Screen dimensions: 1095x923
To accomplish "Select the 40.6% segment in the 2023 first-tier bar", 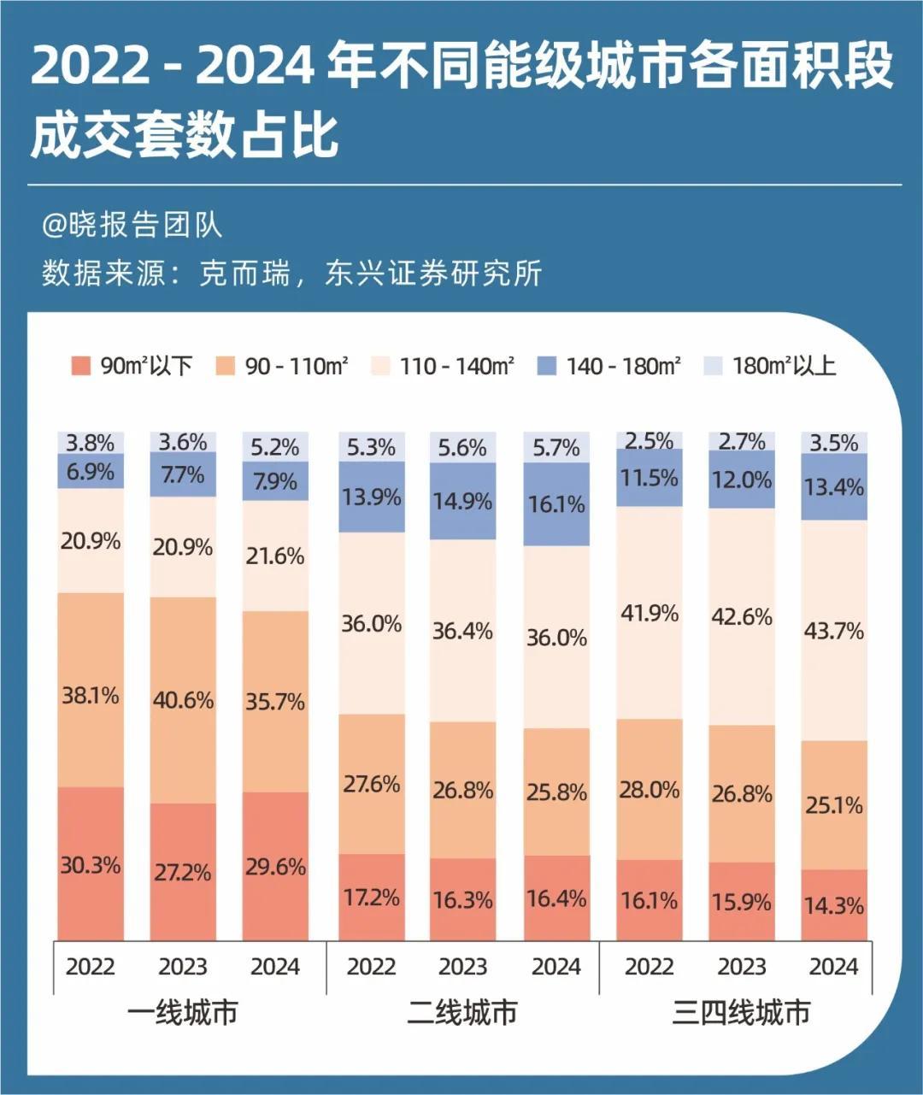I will pos(183,699).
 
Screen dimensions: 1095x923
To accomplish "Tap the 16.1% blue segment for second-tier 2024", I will pos(556,504).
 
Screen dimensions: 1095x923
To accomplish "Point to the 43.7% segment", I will pos(834,631).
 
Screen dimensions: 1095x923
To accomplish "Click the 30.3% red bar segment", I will pos(90,864).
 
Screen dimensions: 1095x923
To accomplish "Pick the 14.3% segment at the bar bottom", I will pos(834,905).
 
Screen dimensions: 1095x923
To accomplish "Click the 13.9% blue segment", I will pos(371,497).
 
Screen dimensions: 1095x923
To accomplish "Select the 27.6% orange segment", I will pos(371,783).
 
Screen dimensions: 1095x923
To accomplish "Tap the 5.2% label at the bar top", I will pos(275,446).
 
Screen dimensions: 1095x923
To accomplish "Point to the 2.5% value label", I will pos(650,440).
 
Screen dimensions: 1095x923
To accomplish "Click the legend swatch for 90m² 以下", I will pos(81,367).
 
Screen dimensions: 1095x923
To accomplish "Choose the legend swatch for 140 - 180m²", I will pos(547,367).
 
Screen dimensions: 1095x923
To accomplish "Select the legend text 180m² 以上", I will pos(784,367).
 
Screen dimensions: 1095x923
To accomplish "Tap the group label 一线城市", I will pos(183,1013).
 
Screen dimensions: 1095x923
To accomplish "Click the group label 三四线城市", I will pos(741,1013).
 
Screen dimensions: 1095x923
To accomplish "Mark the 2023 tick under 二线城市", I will pos(463,967).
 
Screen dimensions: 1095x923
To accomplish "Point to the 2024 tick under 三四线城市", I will pos(834,967).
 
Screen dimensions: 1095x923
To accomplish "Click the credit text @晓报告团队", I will pos(132,225).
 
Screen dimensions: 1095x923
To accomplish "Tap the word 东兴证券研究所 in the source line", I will pos(433,274).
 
